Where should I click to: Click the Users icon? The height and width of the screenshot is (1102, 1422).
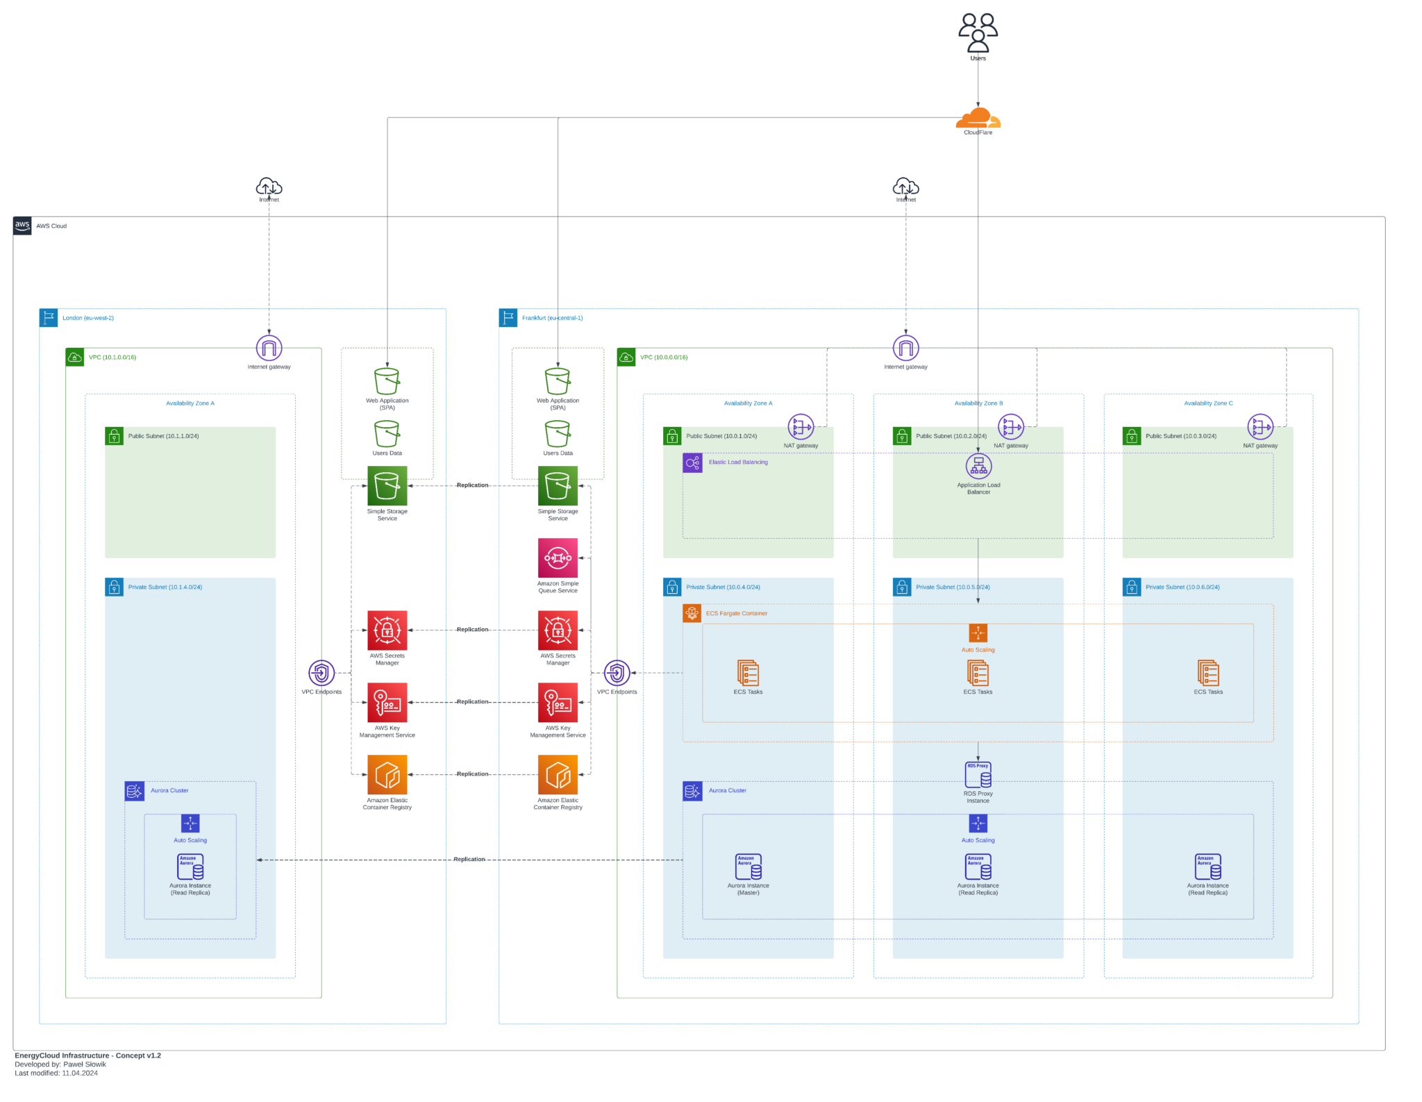[978, 33]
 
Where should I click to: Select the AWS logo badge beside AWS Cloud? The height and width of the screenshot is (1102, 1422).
[22, 226]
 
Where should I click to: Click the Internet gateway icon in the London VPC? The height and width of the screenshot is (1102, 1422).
[269, 348]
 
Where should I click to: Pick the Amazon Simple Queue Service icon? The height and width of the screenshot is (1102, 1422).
[558, 558]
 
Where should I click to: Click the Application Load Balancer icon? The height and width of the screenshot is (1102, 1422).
[978, 466]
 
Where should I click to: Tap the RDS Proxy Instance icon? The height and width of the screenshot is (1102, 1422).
[978, 775]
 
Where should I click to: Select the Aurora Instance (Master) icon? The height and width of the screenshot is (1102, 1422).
[748, 867]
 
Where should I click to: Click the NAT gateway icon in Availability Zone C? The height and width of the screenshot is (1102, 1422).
[1260, 427]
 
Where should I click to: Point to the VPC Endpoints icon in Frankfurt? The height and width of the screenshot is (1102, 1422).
[617, 672]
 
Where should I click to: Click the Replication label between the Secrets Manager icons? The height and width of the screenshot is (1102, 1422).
[472, 630]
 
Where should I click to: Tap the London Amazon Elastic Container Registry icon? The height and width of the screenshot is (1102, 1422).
[387, 774]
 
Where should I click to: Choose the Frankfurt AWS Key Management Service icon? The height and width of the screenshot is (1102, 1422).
[558, 702]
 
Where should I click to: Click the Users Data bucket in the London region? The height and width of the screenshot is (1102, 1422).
[387, 434]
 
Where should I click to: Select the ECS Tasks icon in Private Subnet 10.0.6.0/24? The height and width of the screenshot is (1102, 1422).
[1207, 673]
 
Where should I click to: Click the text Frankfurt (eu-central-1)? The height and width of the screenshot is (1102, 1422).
[552, 318]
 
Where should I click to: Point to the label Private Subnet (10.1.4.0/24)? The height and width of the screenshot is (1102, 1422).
[165, 587]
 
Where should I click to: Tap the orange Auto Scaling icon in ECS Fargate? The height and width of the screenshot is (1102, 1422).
[978, 633]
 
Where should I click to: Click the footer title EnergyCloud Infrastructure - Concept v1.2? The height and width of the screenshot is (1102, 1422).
[87, 1055]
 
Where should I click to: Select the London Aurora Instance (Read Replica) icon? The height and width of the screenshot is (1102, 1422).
[190, 867]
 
